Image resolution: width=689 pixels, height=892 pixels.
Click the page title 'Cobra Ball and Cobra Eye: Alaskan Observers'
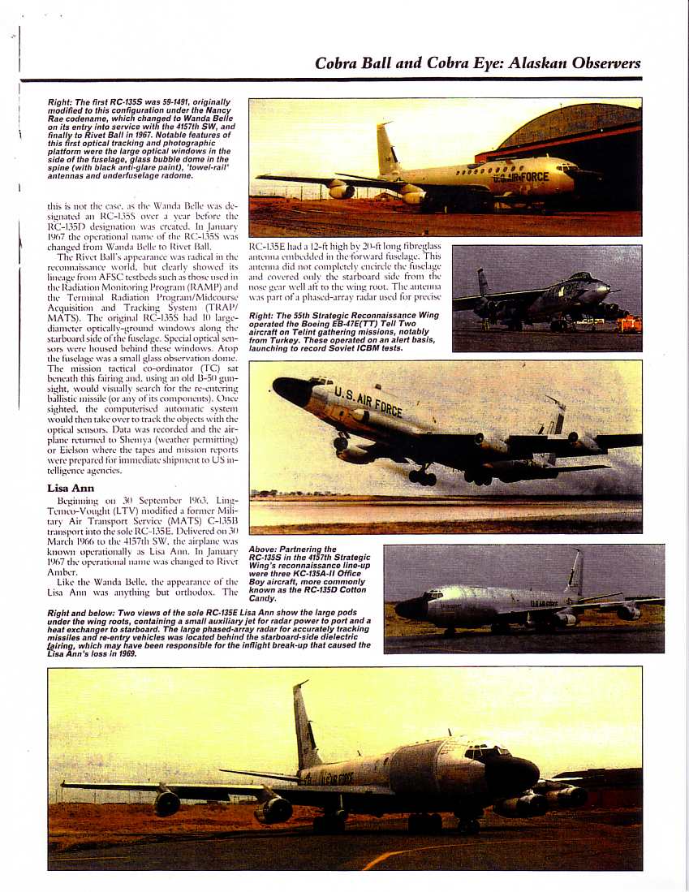click(x=477, y=62)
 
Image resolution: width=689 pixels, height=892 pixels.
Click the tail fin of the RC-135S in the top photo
click(x=385, y=149)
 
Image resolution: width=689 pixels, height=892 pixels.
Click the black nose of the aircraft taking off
click(x=291, y=390)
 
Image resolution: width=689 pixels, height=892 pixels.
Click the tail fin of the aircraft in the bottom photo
click(x=304, y=726)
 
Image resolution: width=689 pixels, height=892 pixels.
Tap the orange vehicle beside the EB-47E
click(x=631, y=324)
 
